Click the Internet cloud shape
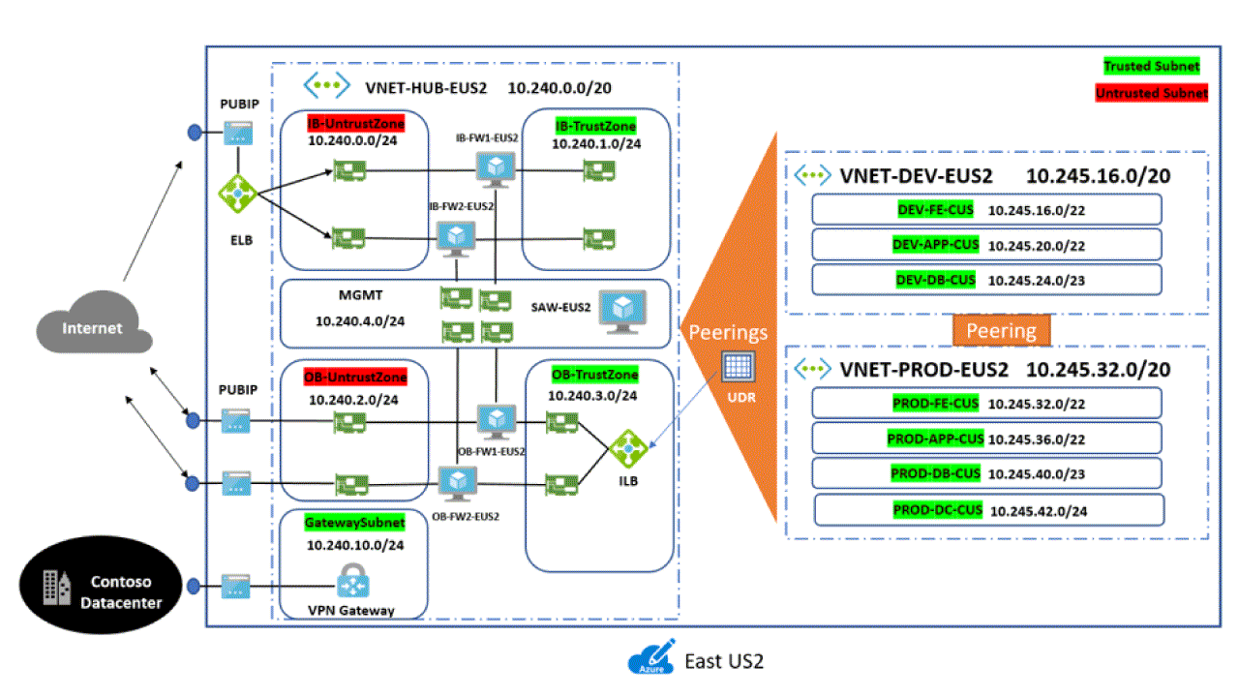(x=93, y=327)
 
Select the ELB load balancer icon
(x=237, y=194)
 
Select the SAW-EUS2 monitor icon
(x=622, y=312)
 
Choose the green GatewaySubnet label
(x=354, y=522)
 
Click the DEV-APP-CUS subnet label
(x=935, y=245)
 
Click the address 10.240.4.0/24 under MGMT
(x=360, y=319)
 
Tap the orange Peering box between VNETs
(x=1001, y=330)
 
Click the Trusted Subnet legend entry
(x=1151, y=67)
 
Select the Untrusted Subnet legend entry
(x=1151, y=94)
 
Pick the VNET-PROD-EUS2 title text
(x=924, y=370)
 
